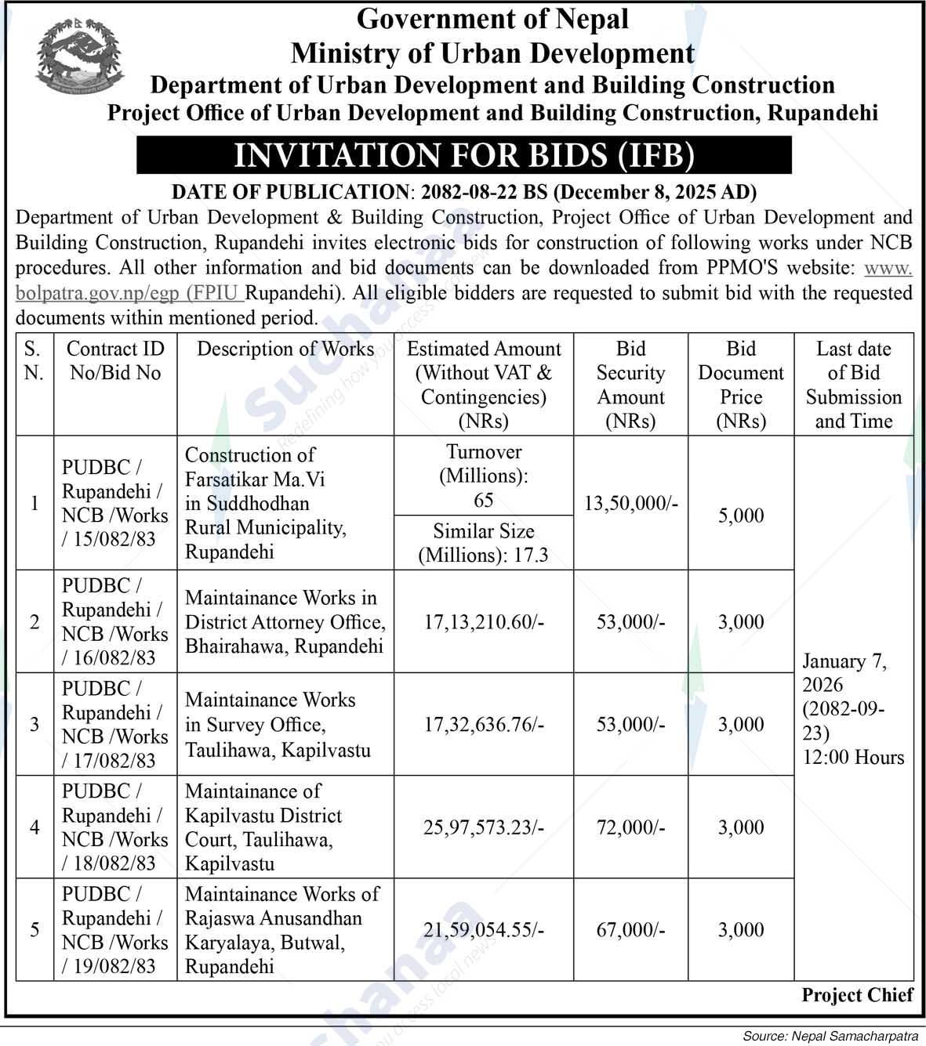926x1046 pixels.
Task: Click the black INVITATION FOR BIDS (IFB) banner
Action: [463, 155]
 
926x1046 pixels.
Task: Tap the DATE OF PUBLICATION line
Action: [463, 192]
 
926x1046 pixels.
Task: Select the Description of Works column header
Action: [285, 349]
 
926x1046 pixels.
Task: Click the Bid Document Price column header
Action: [740, 385]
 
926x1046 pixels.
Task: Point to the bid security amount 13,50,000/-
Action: [630, 503]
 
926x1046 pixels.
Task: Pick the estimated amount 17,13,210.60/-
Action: [484, 622]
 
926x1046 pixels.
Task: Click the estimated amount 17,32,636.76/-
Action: [484, 725]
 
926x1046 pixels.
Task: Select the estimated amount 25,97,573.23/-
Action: [484, 827]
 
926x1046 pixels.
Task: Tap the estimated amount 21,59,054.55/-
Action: [484, 930]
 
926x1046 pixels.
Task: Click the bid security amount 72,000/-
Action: [630, 827]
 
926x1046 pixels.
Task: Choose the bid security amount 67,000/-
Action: [630, 930]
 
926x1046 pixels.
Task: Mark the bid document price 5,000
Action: [740, 516]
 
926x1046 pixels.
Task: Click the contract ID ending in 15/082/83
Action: [114, 503]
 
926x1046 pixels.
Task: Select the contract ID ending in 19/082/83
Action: [114, 930]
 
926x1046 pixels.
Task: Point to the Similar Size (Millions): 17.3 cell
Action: [484, 543]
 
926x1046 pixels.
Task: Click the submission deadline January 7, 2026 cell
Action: [852, 709]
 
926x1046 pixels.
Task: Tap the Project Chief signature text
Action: [857, 995]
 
